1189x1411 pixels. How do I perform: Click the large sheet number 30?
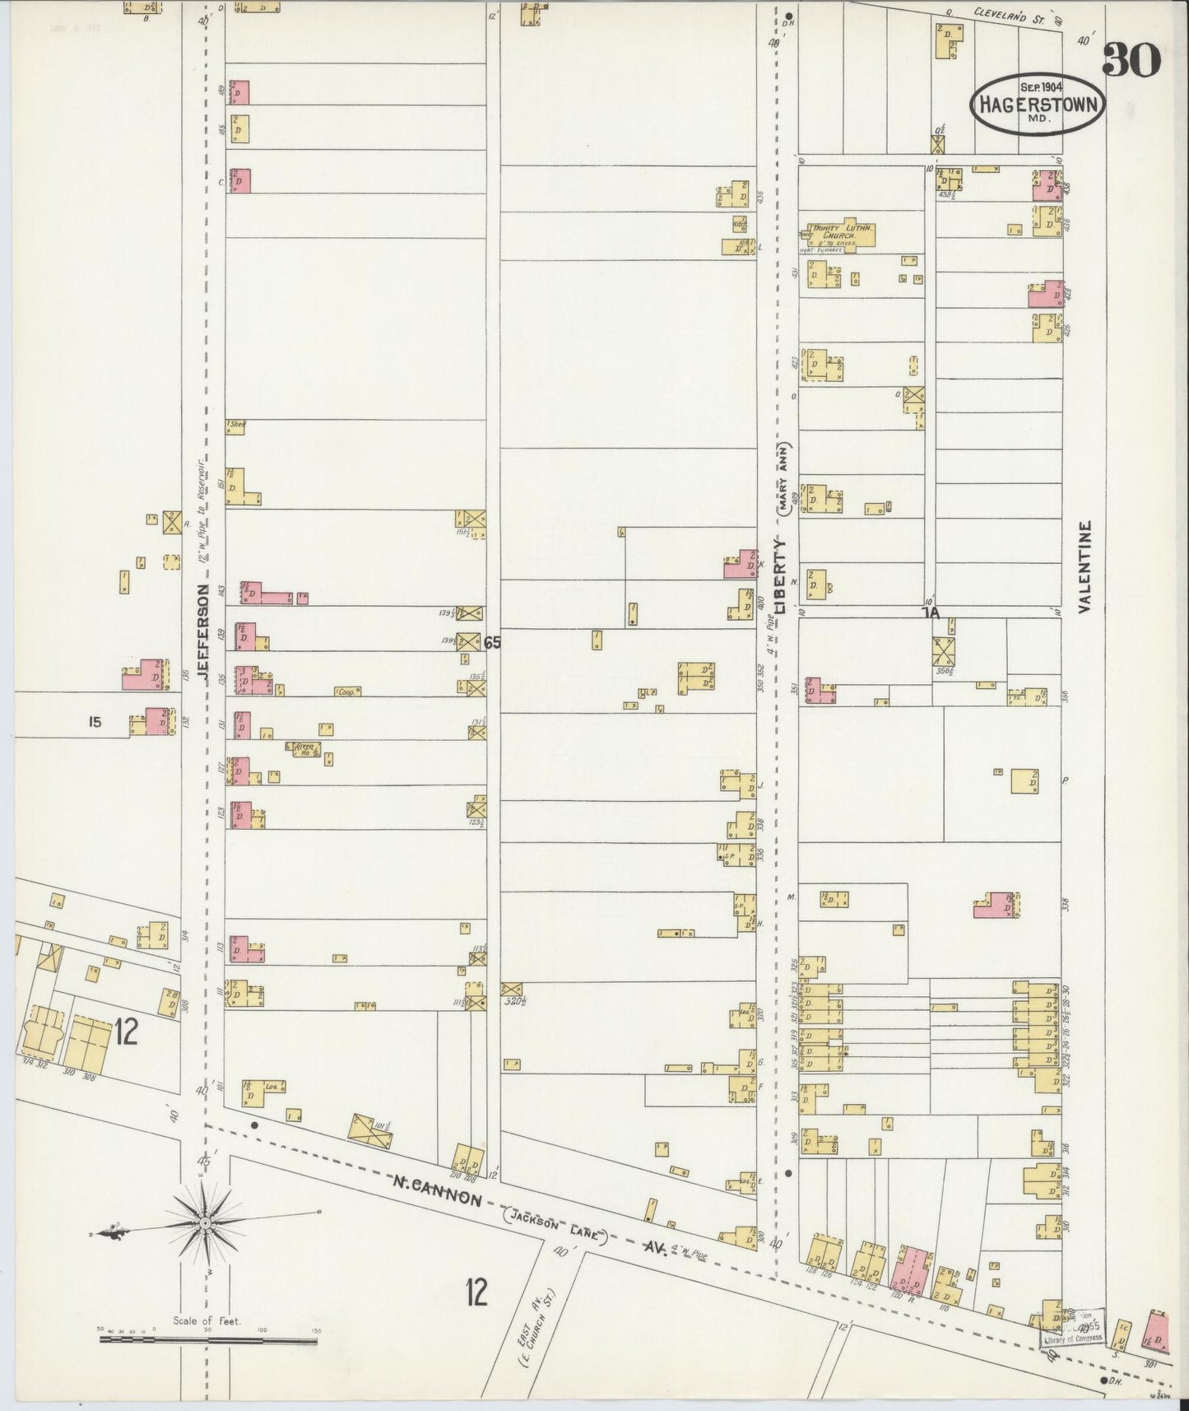tap(1131, 60)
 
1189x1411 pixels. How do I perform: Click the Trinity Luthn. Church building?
tap(842, 235)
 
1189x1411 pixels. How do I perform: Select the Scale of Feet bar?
tap(207, 1340)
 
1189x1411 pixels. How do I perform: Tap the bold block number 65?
tap(492, 643)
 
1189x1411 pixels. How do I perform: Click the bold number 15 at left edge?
tap(95, 722)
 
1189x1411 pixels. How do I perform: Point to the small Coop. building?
tap(346, 692)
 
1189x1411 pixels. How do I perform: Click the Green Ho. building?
tap(304, 747)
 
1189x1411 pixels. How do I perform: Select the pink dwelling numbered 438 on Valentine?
tap(1047, 185)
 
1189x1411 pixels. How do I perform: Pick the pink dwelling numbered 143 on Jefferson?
tap(263, 593)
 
